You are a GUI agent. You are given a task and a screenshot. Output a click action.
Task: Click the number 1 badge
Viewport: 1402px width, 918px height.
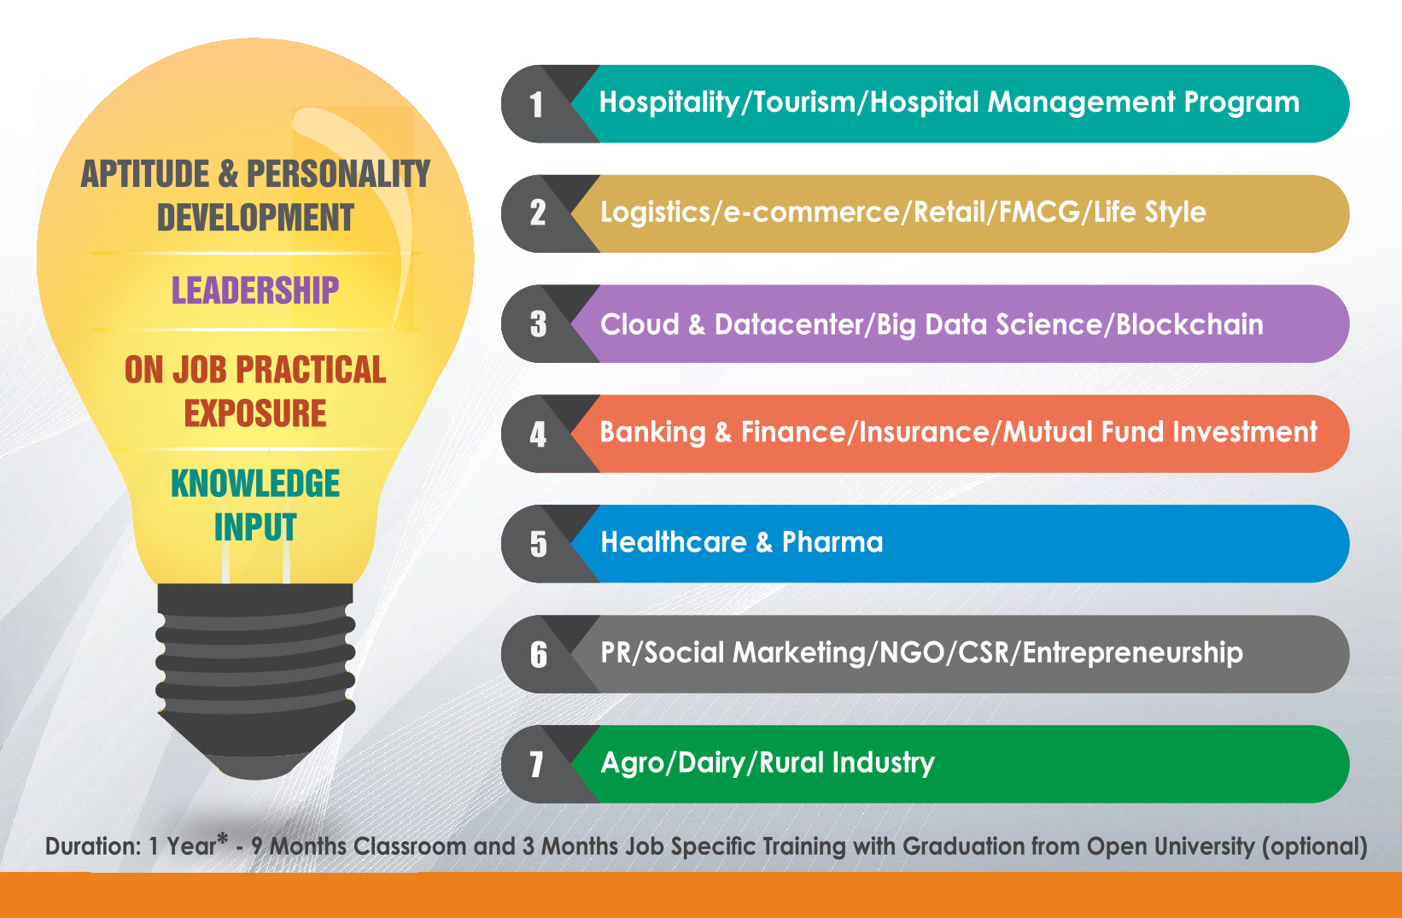pyautogui.click(x=536, y=104)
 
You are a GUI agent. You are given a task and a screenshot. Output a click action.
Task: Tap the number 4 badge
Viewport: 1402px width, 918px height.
pyautogui.click(x=538, y=435)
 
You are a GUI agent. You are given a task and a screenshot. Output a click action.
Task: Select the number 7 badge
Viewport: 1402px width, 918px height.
pyautogui.click(x=536, y=764)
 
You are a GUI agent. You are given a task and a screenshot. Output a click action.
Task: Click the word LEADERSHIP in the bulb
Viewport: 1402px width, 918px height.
pyautogui.click(x=255, y=291)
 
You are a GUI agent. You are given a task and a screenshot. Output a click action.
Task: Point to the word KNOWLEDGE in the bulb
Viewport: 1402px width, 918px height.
pyautogui.click(x=255, y=483)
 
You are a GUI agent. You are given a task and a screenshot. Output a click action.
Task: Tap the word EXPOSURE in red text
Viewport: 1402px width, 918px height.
pyautogui.click(x=255, y=413)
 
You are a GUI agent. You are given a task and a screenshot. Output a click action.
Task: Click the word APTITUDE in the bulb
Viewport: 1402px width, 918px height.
pyautogui.click(x=145, y=173)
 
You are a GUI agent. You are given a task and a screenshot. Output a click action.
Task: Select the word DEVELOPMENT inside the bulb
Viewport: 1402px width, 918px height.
pyautogui.click(x=255, y=218)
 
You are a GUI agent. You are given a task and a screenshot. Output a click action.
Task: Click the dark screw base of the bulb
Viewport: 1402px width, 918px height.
pyautogui.click(x=255, y=681)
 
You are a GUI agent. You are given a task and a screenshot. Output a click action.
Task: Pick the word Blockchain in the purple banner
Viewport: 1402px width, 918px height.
pyautogui.click(x=1189, y=325)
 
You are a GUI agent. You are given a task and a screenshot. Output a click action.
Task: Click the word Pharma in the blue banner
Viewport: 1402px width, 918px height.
pyautogui.click(x=832, y=542)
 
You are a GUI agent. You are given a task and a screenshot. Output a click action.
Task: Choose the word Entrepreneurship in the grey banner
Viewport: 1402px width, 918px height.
pyautogui.click(x=1132, y=652)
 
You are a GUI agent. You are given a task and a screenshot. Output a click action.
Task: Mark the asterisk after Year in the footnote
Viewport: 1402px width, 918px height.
pyautogui.click(x=222, y=839)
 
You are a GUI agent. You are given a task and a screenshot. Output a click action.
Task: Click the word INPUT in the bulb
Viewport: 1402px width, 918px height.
pyautogui.click(x=255, y=528)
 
